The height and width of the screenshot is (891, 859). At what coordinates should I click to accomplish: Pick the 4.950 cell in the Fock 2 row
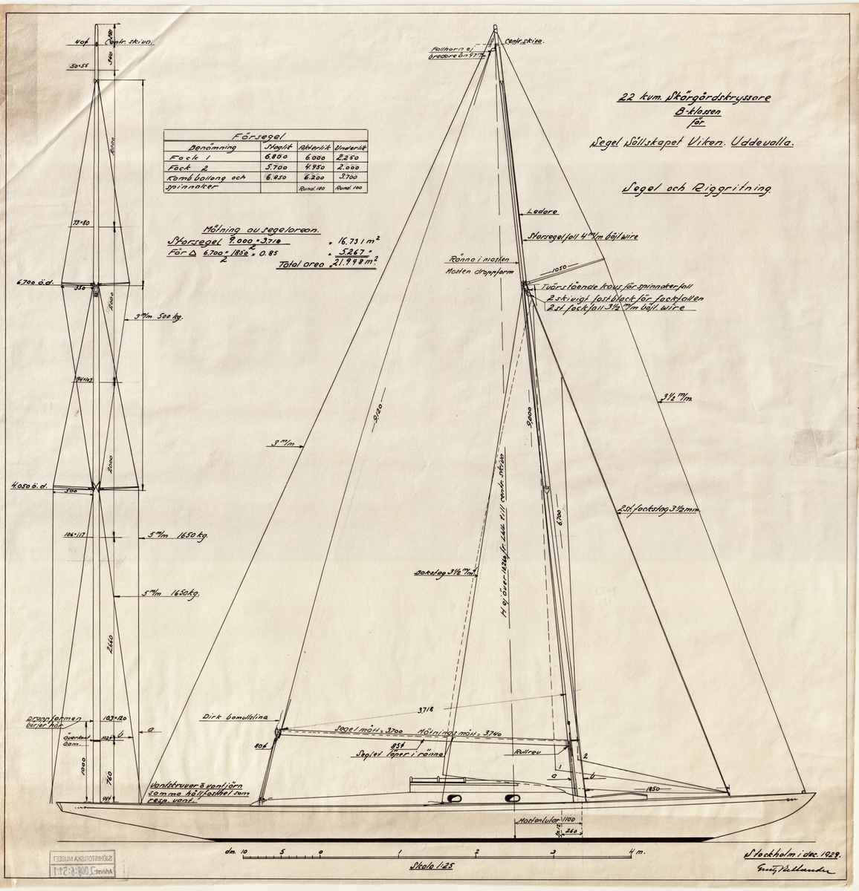pyautogui.click(x=310, y=169)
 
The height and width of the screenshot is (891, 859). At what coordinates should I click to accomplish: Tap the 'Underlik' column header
pyautogui.click(x=346, y=146)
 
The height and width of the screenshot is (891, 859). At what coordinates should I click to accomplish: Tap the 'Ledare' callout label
pyautogui.click(x=536, y=211)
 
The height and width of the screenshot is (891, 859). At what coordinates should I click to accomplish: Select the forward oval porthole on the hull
pyautogui.click(x=511, y=798)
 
